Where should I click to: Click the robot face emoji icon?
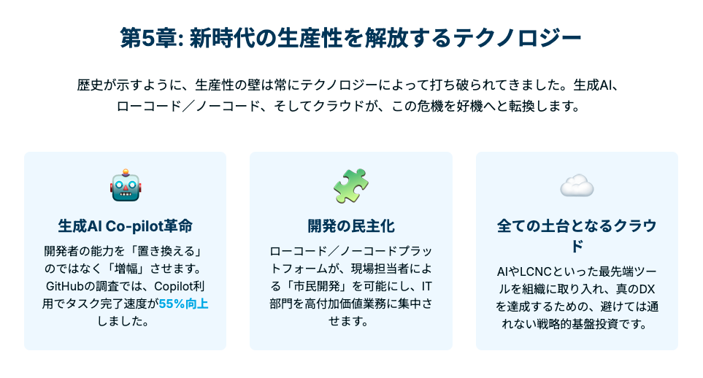tap(126, 185)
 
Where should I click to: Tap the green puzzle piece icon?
tap(351, 185)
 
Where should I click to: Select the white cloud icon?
tap(577, 185)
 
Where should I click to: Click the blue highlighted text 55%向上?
tap(183, 304)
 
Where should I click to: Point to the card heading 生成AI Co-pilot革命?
tap(125, 226)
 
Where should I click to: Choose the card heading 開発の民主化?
tap(351, 226)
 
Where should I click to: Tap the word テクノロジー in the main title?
tap(518, 38)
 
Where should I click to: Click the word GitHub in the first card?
tap(66, 287)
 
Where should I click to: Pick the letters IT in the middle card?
tap(426, 287)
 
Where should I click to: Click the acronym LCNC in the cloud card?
tap(536, 271)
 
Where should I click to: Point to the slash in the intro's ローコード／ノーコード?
tap(188, 107)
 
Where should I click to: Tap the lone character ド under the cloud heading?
tap(577, 246)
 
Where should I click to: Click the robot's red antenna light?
tap(126, 171)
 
